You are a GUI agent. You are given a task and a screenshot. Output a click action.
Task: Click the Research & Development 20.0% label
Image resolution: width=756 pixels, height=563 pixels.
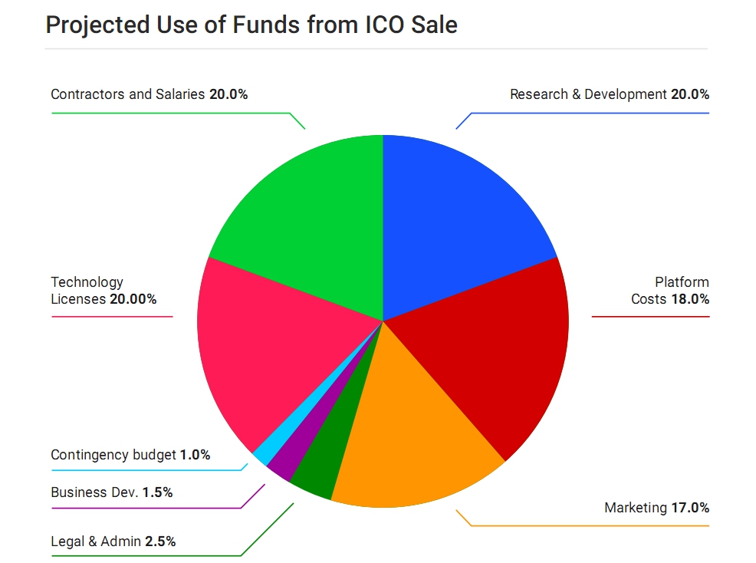610,94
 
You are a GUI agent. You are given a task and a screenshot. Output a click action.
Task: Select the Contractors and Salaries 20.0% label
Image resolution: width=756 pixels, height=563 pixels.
150,94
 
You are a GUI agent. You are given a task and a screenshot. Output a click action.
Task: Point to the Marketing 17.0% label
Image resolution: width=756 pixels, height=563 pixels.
656,508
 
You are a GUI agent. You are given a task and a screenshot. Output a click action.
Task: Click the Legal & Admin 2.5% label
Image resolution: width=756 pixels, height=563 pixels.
113,542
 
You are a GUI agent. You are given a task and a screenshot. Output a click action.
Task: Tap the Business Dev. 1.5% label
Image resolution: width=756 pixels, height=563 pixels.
112,492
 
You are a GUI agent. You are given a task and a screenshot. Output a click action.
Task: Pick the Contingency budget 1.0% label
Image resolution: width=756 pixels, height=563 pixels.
130,455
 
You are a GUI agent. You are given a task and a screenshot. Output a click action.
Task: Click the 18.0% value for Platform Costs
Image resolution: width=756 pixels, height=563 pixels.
689,299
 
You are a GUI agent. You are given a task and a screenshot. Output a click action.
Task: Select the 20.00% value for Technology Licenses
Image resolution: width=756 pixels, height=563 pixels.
133,299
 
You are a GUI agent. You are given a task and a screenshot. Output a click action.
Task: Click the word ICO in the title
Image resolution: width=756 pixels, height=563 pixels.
380,25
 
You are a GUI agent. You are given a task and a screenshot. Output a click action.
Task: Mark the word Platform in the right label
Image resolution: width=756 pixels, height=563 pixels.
682,282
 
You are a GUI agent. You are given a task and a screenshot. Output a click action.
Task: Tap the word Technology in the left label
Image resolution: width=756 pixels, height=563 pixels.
87,282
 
